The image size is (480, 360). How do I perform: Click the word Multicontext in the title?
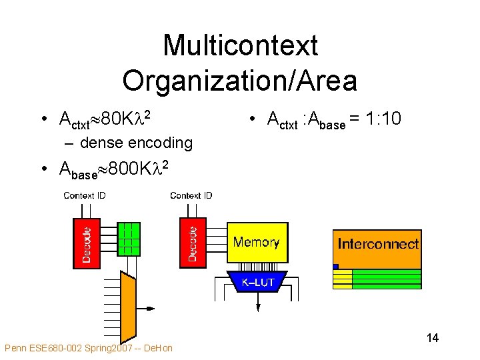(x=240, y=46)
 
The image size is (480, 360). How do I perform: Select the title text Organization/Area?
(x=240, y=81)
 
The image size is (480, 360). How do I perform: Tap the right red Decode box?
(x=192, y=244)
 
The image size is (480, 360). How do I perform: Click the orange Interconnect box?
(x=377, y=244)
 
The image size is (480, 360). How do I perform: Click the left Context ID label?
(x=84, y=195)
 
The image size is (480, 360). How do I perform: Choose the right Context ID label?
(x=191, y=195)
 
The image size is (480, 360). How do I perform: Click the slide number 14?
(x=432, y=338)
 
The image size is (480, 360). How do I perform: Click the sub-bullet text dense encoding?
(x=136, y=142)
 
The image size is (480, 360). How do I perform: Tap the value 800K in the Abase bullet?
(x=126, y=169)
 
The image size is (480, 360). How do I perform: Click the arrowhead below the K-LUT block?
(x=257, y=307)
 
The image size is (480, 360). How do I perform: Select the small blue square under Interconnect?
(x=335, y=267)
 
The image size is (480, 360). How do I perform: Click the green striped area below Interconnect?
(x=386, y=279)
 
